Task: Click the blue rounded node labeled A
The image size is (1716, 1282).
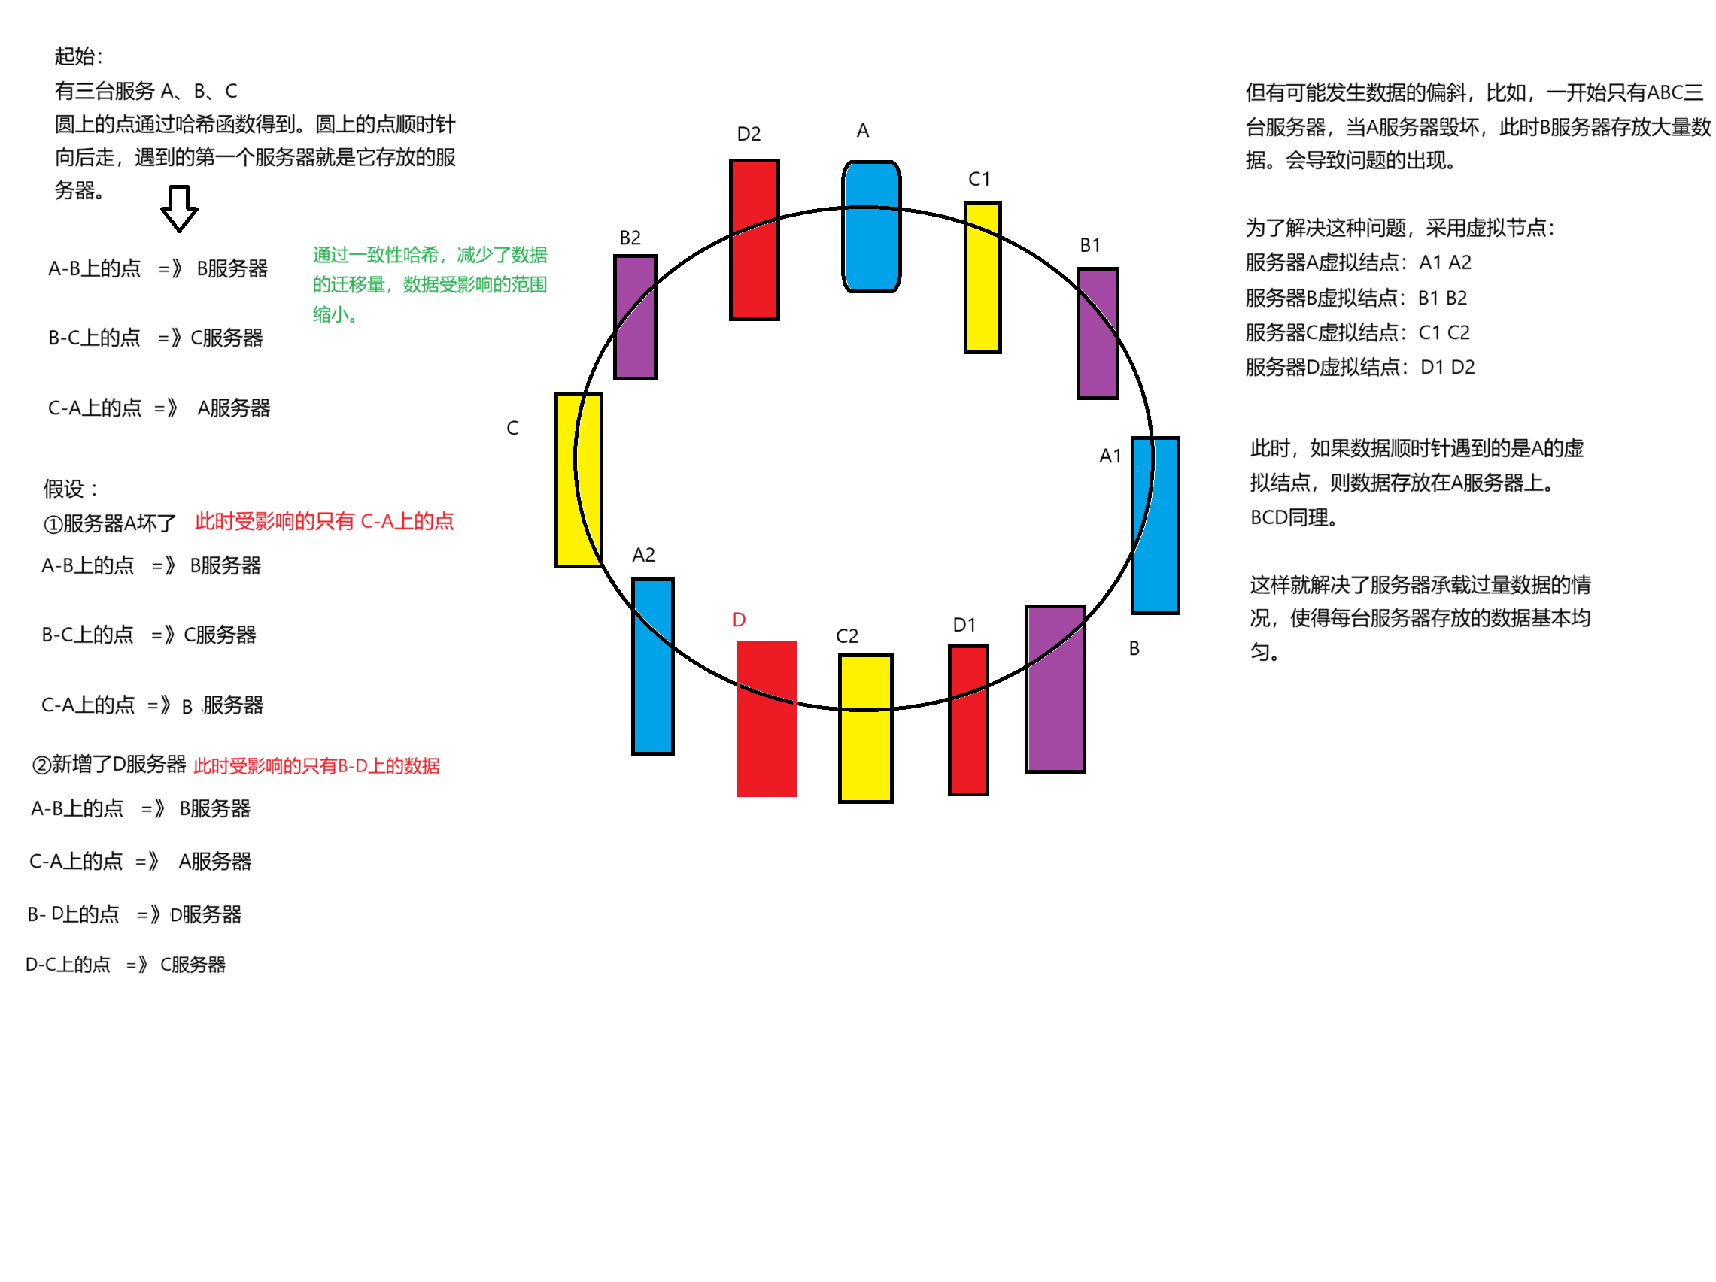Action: pos(871,226)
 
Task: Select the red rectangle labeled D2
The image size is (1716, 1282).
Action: pos(754,240)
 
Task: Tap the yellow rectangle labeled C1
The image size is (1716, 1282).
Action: pos(982,277)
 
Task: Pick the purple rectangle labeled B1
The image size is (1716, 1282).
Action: pos(1098,334)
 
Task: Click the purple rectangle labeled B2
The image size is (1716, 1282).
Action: pos(636,317)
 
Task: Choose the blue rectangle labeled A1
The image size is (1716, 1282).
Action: pos(1155,525)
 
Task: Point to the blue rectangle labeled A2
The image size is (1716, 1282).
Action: pos(652,666)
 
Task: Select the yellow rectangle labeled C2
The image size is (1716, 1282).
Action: pos(865,729)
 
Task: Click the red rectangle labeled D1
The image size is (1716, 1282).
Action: pos(968,720)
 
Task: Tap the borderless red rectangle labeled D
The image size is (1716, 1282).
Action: pos(766,719)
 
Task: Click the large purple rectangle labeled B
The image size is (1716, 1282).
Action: pos(1055,689)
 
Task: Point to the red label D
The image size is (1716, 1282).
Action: pos(739,620)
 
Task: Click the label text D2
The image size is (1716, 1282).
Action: pos(749,134)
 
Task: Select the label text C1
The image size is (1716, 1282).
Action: pos(979,179)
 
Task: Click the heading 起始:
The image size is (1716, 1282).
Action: pos(78,56)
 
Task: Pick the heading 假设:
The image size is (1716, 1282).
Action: pos(71,489)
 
